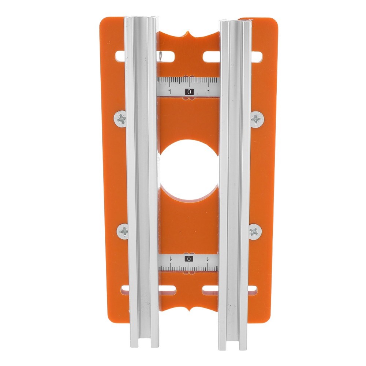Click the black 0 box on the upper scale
click(x=189, y=92)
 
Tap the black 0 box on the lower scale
click(x=189, y=259)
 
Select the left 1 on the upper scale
click(x=169, y=91)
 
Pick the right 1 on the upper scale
click(x=208, y=91)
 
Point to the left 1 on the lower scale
click(x=170, y=259)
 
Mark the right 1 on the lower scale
click(x=208, y=259)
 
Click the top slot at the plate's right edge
click(x=257, y=57)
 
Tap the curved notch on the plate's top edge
click(x=189, y=35)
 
